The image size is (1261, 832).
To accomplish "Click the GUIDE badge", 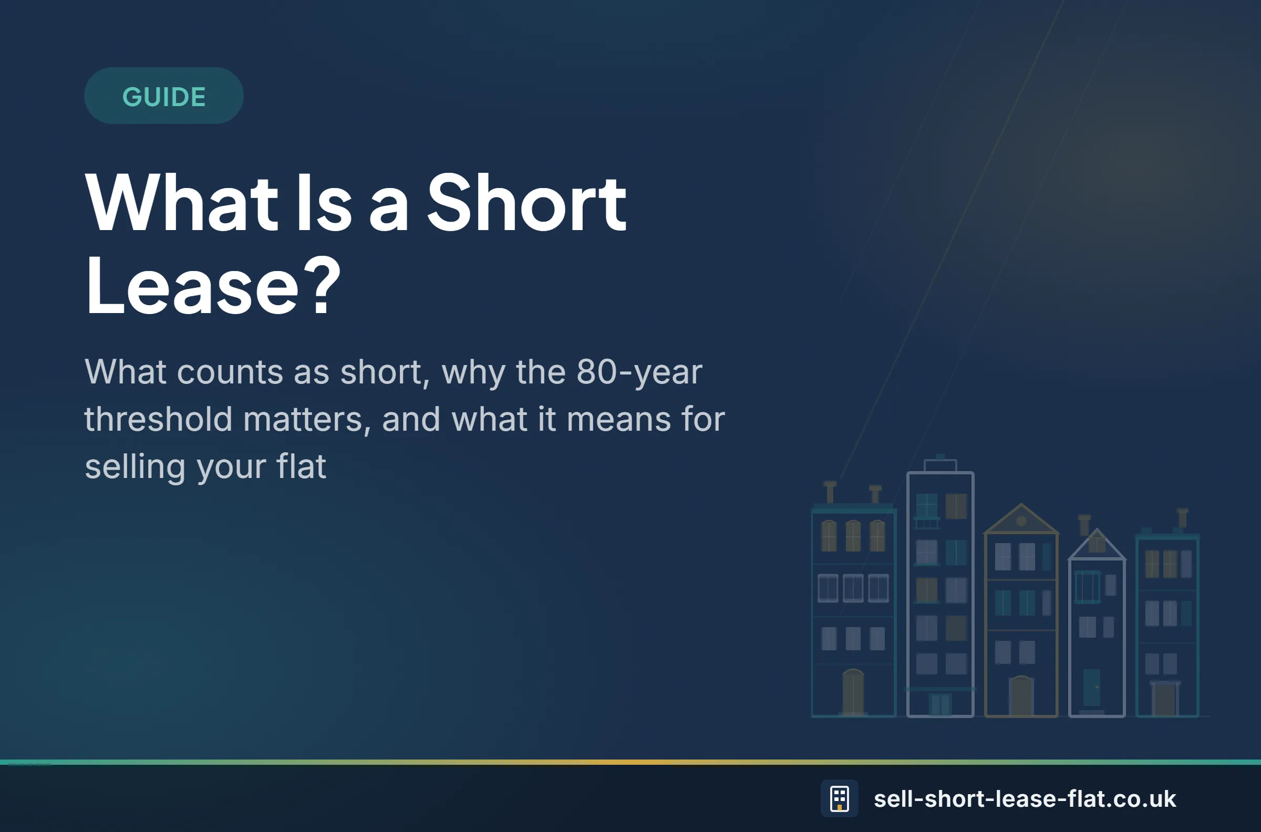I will pyautogui.click(x=163, y=96).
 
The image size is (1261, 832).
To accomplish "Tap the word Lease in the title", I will pyautogui.click(x=192, y=287).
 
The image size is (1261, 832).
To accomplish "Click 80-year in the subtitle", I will pyautogui.click(x=639, y=372).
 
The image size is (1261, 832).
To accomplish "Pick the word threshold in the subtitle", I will pyautogui.click(x=158, y=419).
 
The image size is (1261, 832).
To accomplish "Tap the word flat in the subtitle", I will pyautogui.click(x=301, y=466).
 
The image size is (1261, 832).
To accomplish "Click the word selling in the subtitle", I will pyautogui.click(x=136, y=467).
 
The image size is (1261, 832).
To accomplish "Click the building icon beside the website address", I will pyautogui.click(x=839, y=798).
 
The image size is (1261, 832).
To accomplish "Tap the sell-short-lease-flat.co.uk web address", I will pyautogui.click(x=1024, y=798).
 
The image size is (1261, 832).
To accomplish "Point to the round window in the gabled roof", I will pyautogui.click(x=1021, y=521).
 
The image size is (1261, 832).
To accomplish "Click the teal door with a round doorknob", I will pyautogui.click(x=1092, y=688).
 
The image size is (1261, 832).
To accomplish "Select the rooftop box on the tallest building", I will pyautogui.click(x=940, y=465).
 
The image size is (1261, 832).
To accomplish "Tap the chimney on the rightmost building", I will pyautogui.click(x=1183, y=518).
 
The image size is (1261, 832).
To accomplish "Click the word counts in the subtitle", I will pyautogui.click(x=230, y=372).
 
